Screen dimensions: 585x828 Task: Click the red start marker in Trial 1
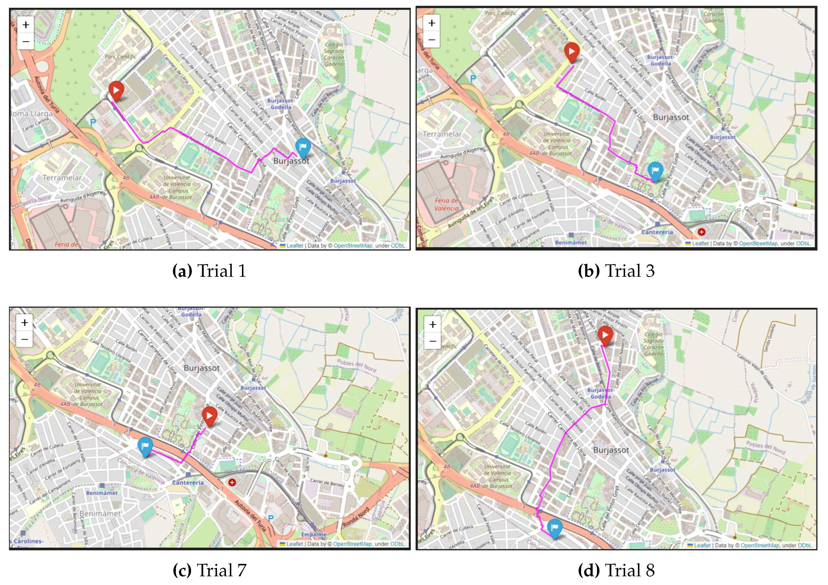pyautogui.click(x=116, y=90)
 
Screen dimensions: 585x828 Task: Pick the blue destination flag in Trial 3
pyautogui.click(x=655, y=171)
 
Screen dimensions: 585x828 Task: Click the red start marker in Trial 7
pyautogui.click(x=209, y=415)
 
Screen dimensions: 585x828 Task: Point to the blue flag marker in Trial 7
pyautogui.click(x=145, y=446)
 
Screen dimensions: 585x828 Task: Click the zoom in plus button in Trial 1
pyautogui.click(x=26, y=25)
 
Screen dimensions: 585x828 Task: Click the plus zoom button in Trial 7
pyautogui.click(x=24, y=323)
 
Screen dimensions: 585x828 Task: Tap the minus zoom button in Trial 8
pyautogui.click(x=433, y=341)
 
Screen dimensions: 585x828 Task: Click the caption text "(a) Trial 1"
pyautogui.click(x=209, y=271)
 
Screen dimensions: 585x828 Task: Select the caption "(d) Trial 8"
pyautogui.click(x=616, y=570)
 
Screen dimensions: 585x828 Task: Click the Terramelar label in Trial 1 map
pyautogui.click(x=62, y=178)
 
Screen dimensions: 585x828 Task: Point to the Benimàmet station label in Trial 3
pyautogui.click(x=570, y=242)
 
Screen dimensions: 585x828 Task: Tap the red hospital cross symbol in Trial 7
pyautogui.click(x=232, y=482)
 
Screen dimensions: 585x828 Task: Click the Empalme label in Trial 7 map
pyautogui.click(x=314, y=534)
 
